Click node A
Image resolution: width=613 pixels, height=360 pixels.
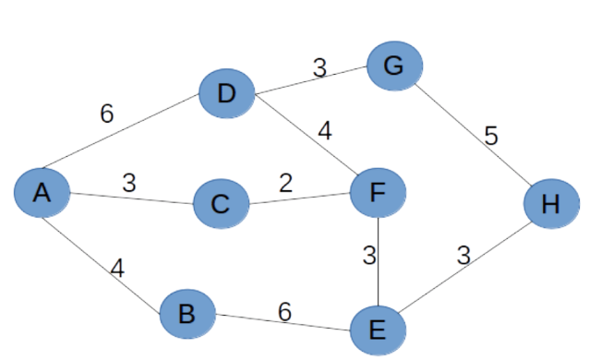coord(42,193)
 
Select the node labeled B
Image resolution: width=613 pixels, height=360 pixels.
coord(186,314)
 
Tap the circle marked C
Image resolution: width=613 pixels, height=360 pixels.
coord(221,203)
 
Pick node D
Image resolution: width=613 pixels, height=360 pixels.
coord(226,93)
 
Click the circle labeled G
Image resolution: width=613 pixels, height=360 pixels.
coord(394,66)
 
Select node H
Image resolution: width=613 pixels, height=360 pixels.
coord(551,203)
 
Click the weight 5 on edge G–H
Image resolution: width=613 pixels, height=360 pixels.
coord(490,137)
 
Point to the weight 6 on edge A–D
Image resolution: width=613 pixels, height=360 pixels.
coord(107,114)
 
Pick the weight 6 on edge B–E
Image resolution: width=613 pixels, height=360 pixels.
coord(284,312)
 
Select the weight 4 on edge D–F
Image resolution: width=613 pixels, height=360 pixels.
coord(324,130)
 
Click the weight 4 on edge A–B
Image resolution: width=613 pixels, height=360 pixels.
coord(117,269)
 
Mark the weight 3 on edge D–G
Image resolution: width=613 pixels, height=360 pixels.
coord(319,67)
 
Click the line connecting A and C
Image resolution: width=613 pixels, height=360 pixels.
coord(131,198)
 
